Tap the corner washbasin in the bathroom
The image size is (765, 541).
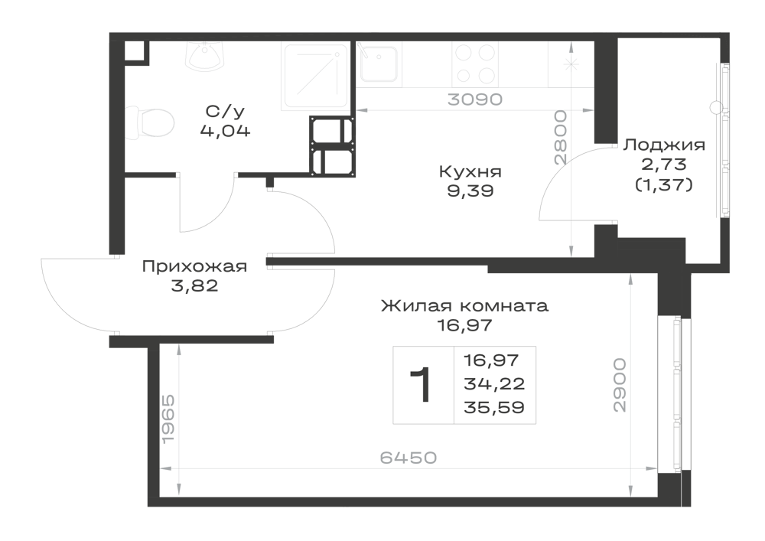pyautogui.click(x=205, y=56)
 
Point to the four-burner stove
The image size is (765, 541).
pyautogui.click(x=475, y=64)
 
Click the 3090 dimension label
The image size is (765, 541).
pyautogui.click(x=475, y=99)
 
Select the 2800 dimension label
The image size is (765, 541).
pyautogui.click(x=561, y=137)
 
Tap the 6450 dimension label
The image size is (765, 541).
pyautogui.click(x=409, y=458)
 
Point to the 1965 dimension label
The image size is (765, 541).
pyautogui.click(x=168, y=419)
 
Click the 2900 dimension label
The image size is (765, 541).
pyautogui.click(x=619, y=386)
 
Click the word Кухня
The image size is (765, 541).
pyautogui.click(x=470, y=171)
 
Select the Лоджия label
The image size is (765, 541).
pyautogui.click(x=665, y=145)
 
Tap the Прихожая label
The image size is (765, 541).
pyautogui.click(x=194, y=266)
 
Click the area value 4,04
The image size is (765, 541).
pyautogui.click(x=225, y=131)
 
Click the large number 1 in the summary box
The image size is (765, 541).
pyautogui.click(x=421, y=385)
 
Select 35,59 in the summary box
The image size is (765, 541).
pyautogui.click(x=494, y=407)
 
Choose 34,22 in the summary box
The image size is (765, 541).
pyautogui.click(x=494, y=383)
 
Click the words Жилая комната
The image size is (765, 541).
pyautogui.click(x=464, y=306)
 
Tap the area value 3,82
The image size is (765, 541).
pyautogui.click(x=194, y=285)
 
